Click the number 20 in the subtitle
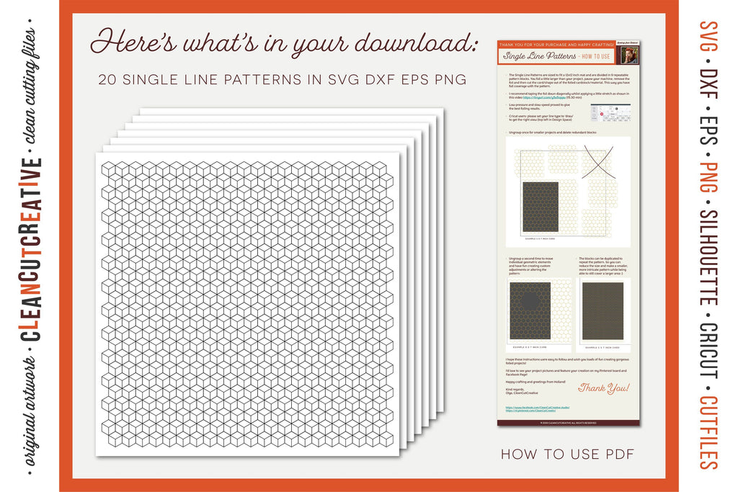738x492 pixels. tap(109, 78)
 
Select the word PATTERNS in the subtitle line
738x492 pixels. tap(246, 78)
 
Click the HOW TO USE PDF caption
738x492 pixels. tap(567, 453)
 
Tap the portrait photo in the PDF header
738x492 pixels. tap(629, 55)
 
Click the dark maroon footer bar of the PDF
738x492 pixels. tap(567, 423)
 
